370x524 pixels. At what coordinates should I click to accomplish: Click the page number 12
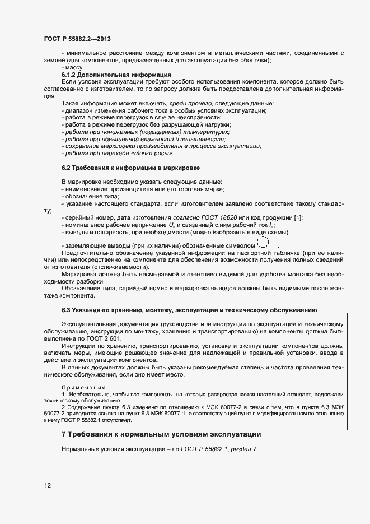(48, 485)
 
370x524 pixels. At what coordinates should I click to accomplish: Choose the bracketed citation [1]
(298, 217)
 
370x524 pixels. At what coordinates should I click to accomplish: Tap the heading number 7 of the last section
(64, 435)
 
